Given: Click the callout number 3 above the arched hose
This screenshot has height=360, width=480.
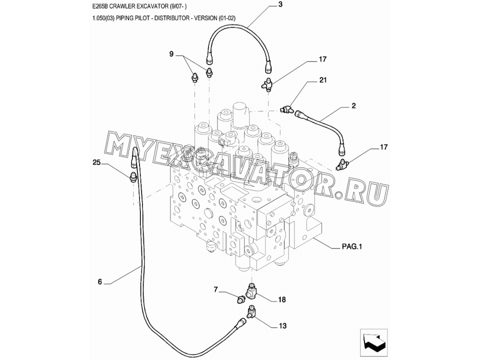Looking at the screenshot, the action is [x=280, y=4].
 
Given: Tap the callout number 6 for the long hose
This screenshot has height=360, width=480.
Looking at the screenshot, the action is [x=100, y=281].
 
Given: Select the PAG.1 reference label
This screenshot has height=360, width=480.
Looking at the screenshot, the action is [x=352, y=246].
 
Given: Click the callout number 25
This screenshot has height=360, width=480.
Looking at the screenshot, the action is [x=96, y=163].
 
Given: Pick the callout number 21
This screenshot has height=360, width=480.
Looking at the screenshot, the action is [x=323, y=80].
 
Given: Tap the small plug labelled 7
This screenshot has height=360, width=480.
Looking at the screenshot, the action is [x=241, y=299].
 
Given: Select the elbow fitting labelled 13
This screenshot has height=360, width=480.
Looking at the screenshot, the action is [x=251, y=314].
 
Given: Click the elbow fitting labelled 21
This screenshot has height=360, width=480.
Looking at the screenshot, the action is [x=286, y=109].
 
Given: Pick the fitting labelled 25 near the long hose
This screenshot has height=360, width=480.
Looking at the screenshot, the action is [x=133, y=177].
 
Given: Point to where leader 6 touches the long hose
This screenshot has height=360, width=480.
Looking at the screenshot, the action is [x=141, y=267].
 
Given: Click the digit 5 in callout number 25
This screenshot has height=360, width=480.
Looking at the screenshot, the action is [x=99, y=163].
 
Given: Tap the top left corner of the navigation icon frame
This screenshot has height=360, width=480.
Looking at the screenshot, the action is [x=360, y=329].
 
